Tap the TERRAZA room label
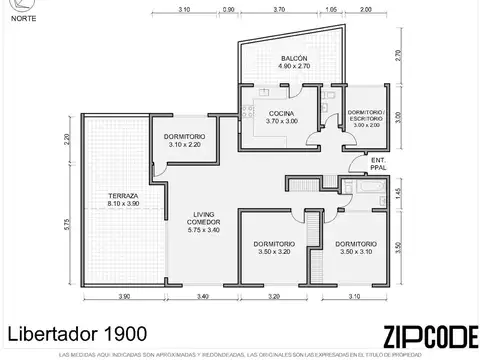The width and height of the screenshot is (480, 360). point(124,199)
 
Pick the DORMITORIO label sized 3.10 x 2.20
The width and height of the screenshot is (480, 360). point(185,140)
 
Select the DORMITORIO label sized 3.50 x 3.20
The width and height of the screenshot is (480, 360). point(272,249)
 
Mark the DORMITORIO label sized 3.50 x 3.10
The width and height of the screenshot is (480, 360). point(356,249)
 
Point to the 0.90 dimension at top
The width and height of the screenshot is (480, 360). point(229,9)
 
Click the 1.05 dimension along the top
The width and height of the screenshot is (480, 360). point(331,9)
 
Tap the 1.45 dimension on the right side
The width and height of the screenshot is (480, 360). point(397,190)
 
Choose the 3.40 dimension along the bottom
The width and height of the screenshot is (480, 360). point(203,296)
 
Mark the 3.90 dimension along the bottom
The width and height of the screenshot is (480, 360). point(124,296)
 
